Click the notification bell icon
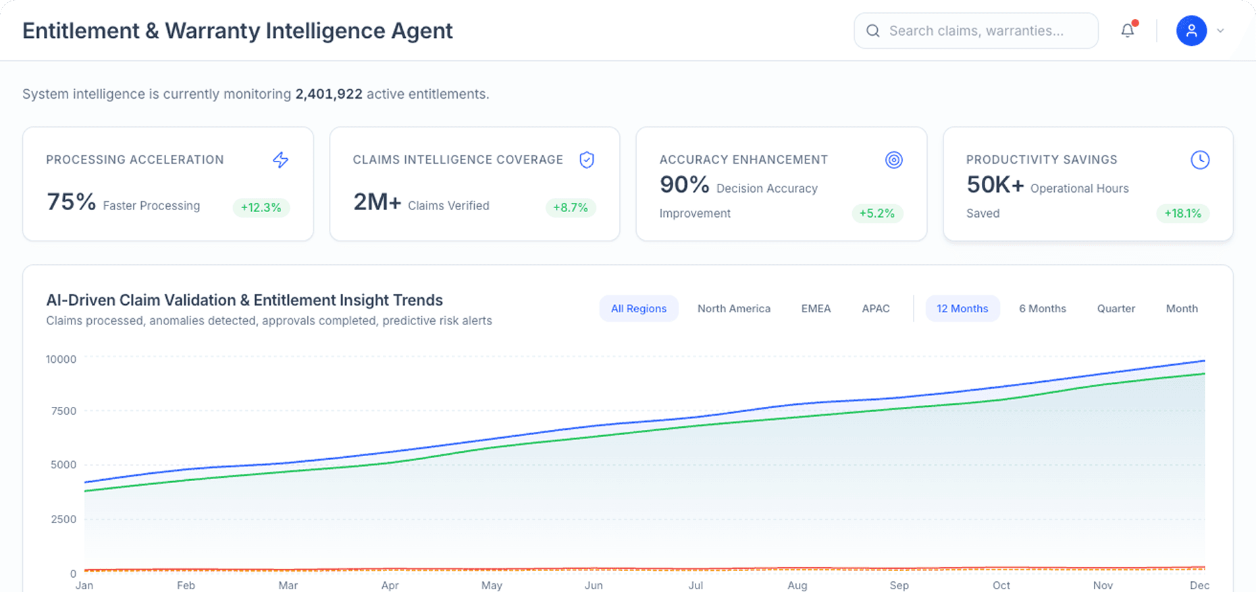click(1127, 30)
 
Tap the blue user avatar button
click(1191, 30)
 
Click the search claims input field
click(976, 30)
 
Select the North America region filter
click(733, 308)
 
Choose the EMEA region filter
click(816, 308)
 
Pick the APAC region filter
click(875, 308)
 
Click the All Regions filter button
click(638, 308)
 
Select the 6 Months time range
click(1042, 308)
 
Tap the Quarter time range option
click(1116, 308)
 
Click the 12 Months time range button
click(962, 308)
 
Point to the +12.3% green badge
click(261, 207)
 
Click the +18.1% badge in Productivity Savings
click(1182, 214)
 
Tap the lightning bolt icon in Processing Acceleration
click(280, 159)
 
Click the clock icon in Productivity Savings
click(1199, 159)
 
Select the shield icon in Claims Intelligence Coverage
click(587, 159)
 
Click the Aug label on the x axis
click(797, 585)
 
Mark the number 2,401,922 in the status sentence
click(329, 94)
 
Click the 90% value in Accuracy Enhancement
click(684, 184)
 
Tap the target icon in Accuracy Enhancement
click(893, 159)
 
